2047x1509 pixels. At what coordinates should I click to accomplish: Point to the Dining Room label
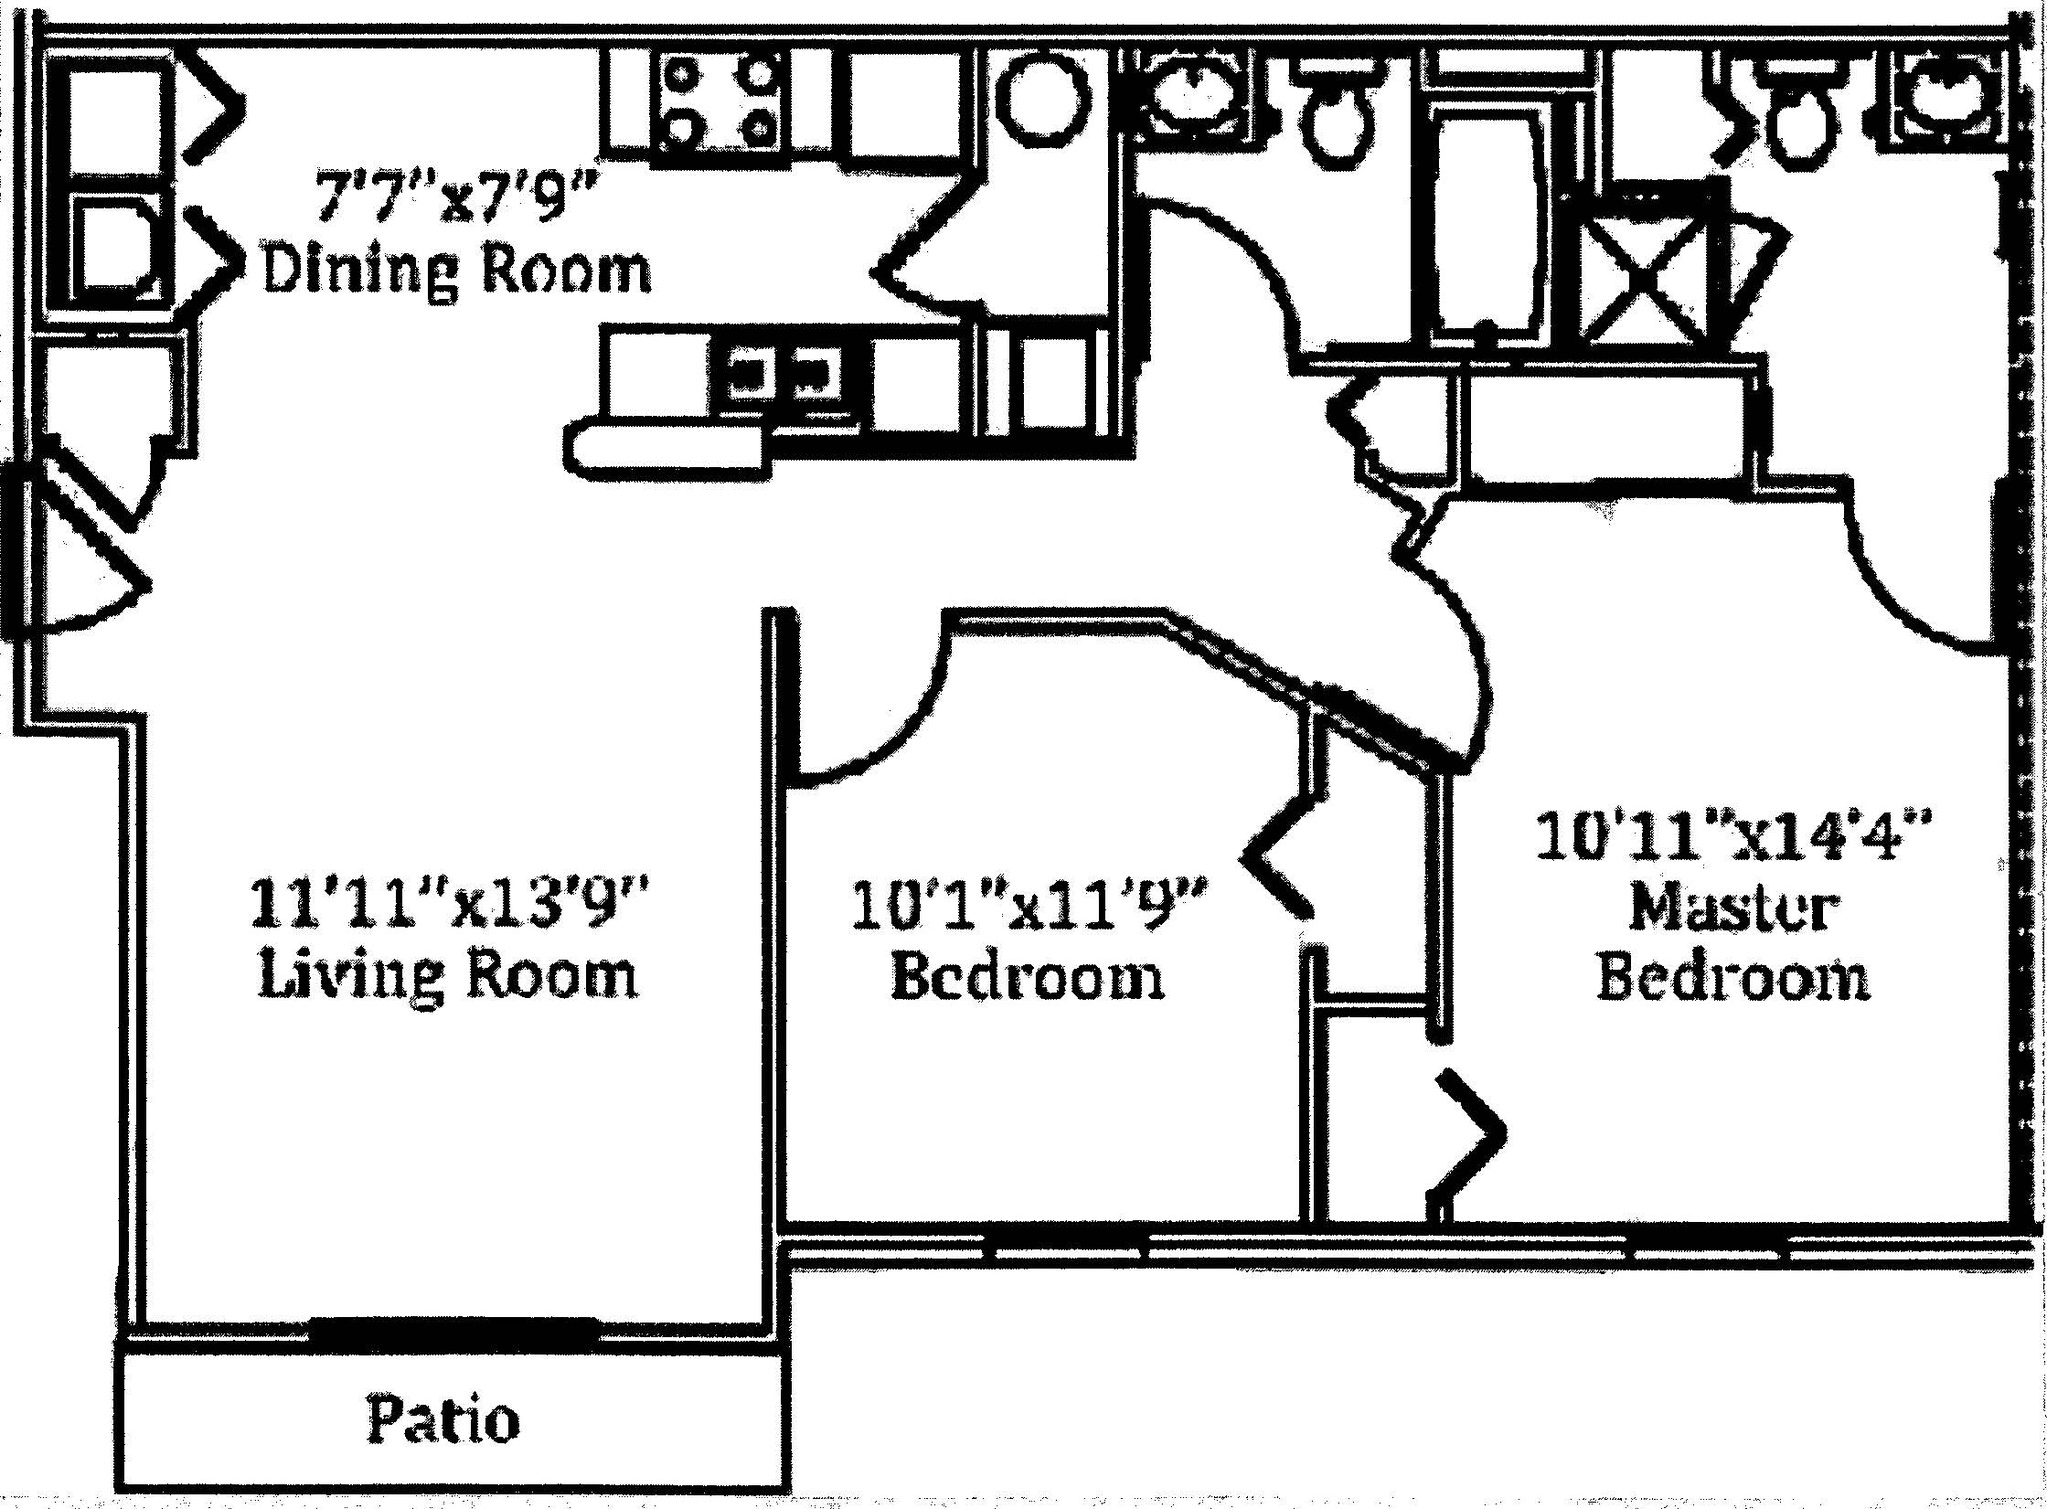click(456, 270)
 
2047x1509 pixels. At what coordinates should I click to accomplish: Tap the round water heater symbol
click(1045, 100)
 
